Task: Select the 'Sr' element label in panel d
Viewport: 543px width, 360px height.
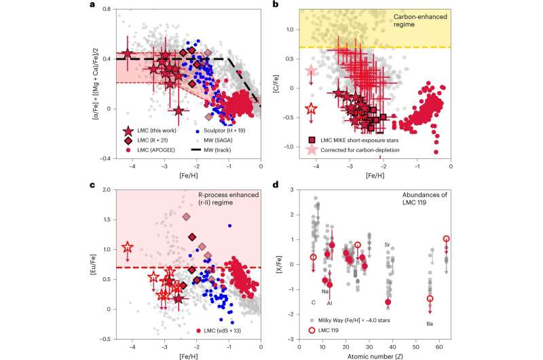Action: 388,245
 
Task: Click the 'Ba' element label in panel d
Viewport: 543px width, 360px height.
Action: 430,324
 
